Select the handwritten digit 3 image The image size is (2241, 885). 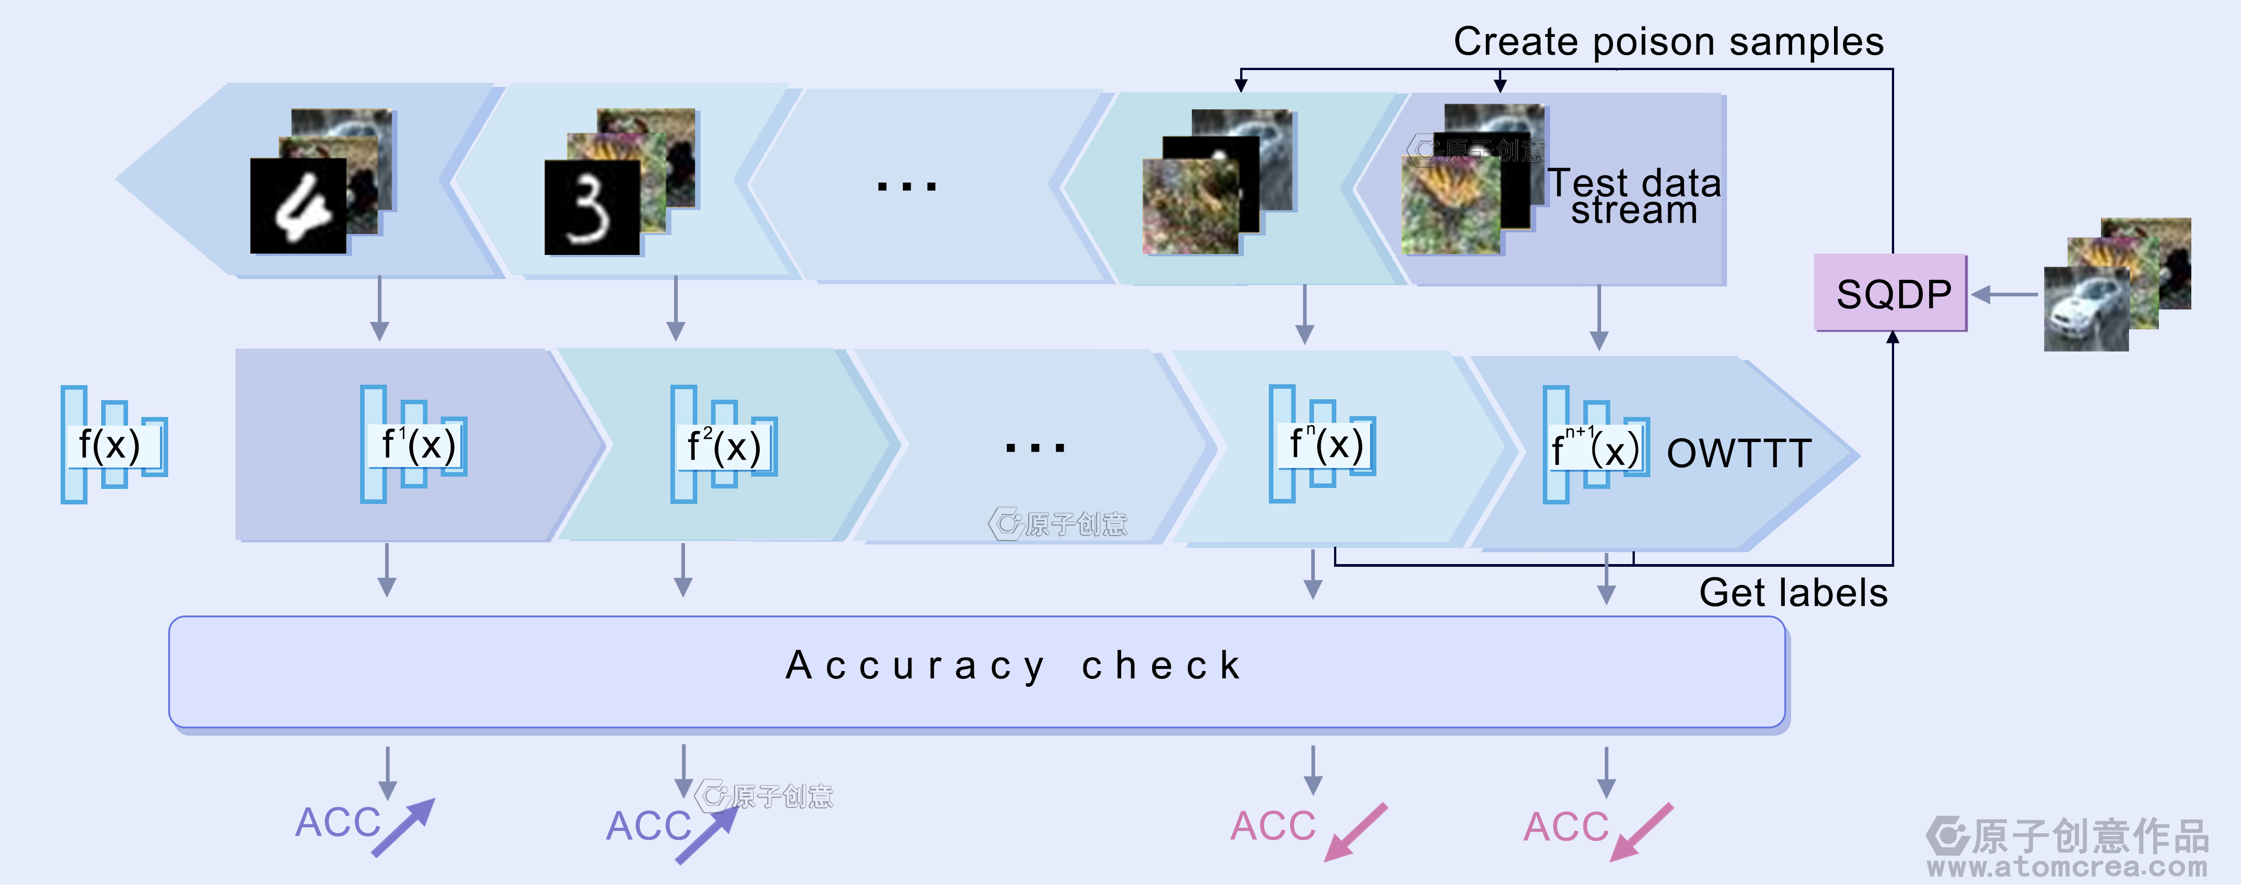[592, 208]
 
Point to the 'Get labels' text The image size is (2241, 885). [1793, 593]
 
